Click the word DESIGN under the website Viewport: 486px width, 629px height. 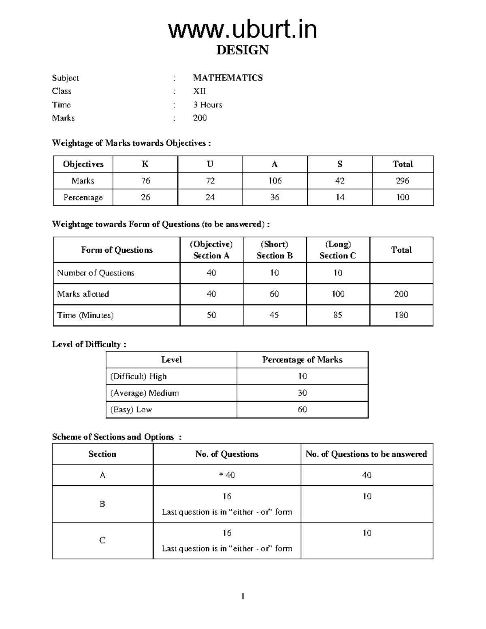(242, 50)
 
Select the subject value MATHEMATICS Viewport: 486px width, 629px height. (228, 78)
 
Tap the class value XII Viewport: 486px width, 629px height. (199, 91)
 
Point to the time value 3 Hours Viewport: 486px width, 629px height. (207, 105)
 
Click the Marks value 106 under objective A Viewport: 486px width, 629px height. (275, 181)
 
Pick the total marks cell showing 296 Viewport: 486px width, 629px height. (402, 181)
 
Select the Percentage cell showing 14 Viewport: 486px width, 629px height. (339, 197)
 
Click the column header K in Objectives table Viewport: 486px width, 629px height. (145, 164)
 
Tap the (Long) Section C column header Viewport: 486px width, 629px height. (337, 250)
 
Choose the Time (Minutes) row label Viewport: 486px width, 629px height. (85, 315)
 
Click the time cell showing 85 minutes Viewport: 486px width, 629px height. (337, 315)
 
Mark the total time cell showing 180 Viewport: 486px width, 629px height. (401, 315)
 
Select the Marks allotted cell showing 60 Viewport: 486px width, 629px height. (274, 294)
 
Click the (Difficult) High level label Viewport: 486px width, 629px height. (139, 376)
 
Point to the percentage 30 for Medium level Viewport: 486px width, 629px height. (302, 393)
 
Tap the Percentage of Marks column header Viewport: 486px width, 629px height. (302, 360)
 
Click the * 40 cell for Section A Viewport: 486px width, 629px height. (226, 475)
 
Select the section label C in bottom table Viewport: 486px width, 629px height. (102, 541)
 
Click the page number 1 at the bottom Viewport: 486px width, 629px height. (243, 596)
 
